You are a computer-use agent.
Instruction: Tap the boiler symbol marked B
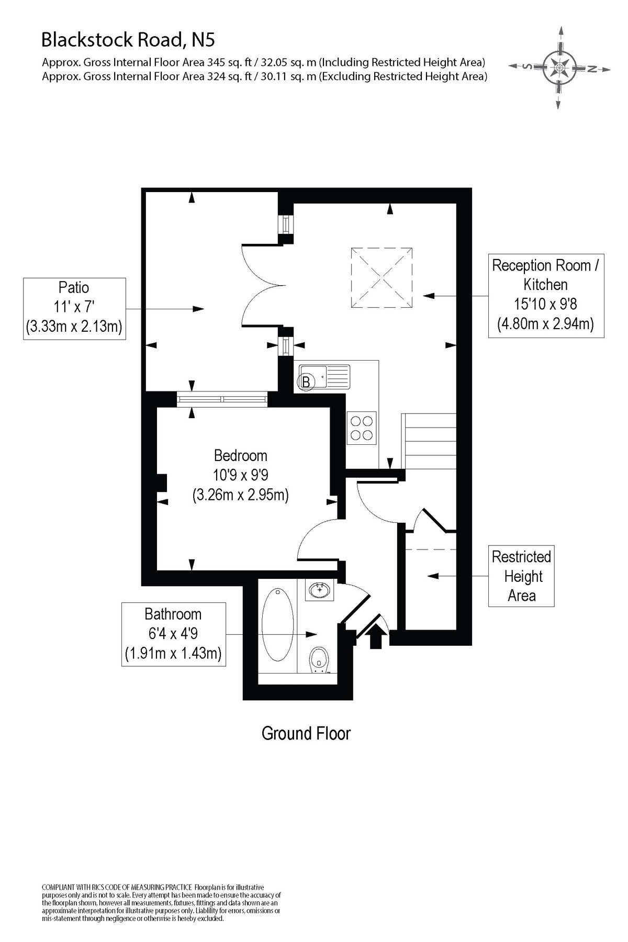click(306, 382)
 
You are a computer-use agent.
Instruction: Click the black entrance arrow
click(376, 637)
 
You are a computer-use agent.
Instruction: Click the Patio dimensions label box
click(74, 308)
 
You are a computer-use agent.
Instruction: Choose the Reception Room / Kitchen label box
click(546, 295)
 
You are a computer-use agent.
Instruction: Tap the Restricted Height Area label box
click(521, 576)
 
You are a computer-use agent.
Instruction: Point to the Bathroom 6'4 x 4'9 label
click(173, 634)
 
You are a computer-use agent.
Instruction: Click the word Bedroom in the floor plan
click(240, 455)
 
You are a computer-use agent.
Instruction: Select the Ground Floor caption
click(306, 733)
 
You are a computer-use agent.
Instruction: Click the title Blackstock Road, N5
click(128, 39)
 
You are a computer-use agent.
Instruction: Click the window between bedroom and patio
click(222, 400)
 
